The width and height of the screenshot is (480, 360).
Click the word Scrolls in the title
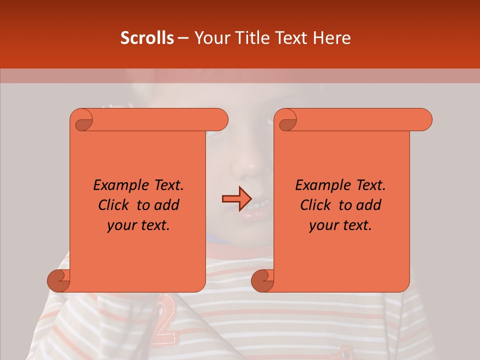(x=147, y=38)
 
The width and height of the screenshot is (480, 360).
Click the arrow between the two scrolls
(x=236, y=199)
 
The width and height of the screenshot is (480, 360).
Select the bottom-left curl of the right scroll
(x=263, y=280)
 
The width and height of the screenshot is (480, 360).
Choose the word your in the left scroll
(x=121, y=225)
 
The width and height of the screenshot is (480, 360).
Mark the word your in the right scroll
(x=323, y=225)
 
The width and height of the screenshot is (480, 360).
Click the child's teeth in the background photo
(x=258, y=205)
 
